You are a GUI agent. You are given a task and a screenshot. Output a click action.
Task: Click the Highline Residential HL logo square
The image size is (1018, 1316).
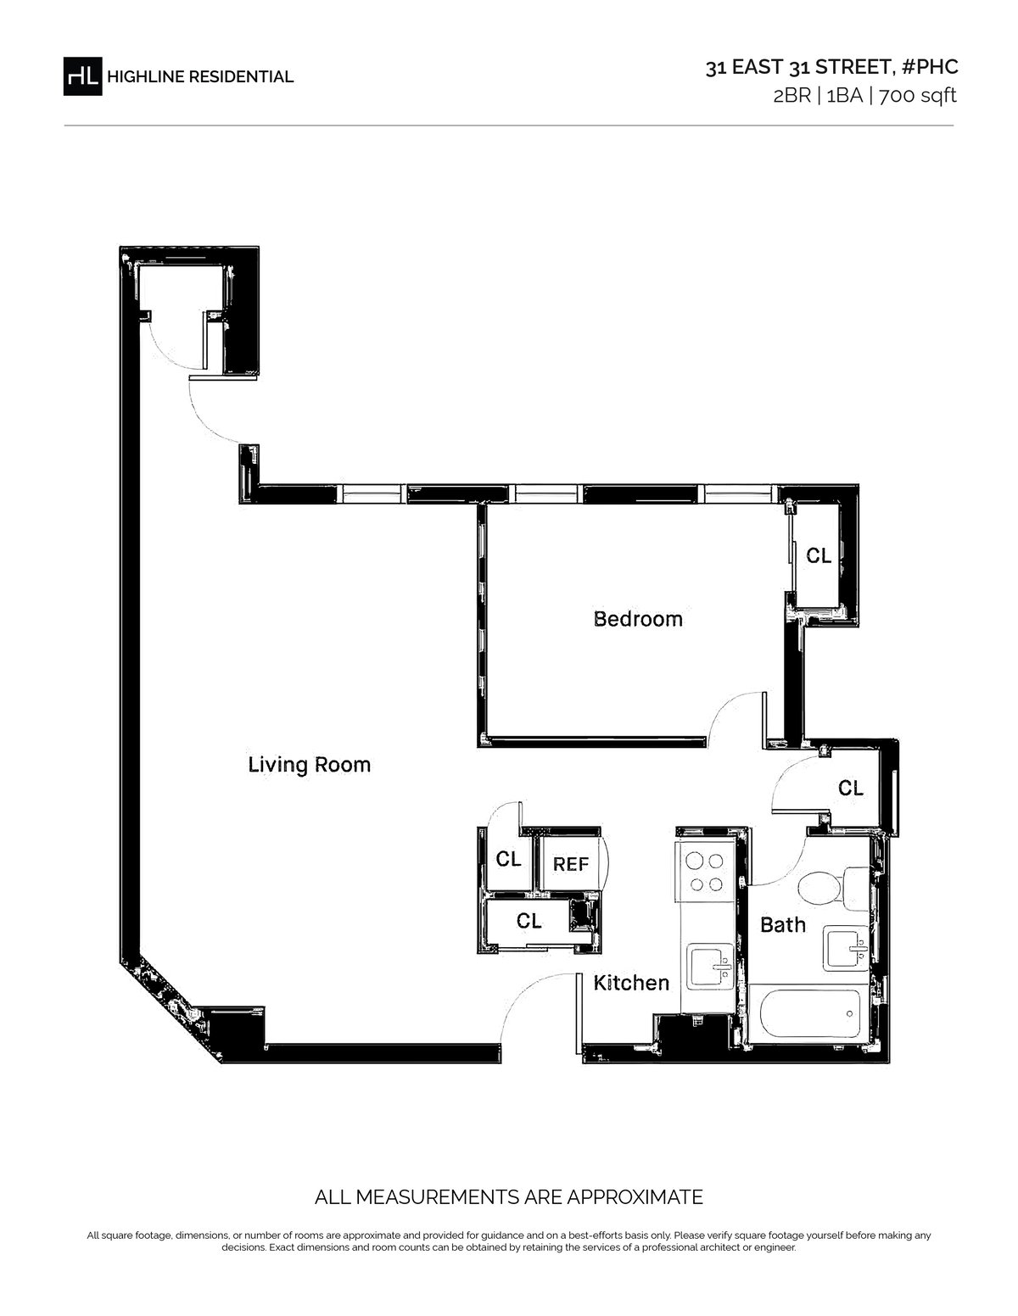click(82, 76)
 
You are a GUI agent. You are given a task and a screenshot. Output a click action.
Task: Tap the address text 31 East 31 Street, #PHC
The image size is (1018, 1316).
click(831, 67)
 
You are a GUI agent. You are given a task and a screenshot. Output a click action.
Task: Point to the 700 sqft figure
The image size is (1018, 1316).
click(917, 96)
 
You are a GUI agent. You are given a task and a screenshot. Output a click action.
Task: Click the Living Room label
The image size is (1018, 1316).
click(310, 765)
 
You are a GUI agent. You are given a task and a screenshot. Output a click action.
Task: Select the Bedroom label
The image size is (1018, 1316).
click(638, 619)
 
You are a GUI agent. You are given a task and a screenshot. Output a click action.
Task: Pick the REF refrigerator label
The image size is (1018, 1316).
click(570, 864)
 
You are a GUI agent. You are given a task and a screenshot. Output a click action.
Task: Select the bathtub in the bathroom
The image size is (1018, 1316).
click(808, 1013)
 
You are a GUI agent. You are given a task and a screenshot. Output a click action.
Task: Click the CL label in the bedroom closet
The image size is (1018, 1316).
click(819, 555)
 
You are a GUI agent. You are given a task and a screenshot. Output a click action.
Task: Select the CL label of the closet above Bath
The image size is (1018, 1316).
click(850, 788)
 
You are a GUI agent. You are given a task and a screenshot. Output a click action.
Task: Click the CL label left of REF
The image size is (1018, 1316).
click(508, 859)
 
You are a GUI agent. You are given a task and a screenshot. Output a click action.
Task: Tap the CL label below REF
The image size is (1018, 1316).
click(529, 921)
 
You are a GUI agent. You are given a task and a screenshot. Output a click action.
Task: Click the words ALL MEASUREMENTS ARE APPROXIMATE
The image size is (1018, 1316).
click(509, 1196)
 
